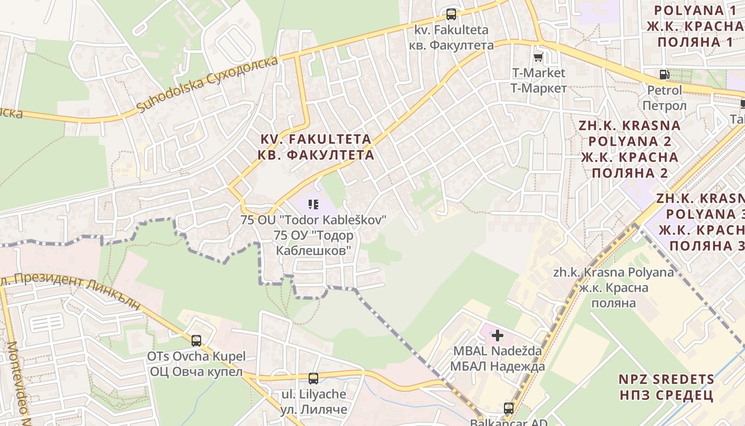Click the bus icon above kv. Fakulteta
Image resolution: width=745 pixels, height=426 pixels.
pyautogui.click(x=451, y=14)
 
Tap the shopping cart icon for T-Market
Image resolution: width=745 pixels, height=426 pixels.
pyautogui.click(x=539, y=56)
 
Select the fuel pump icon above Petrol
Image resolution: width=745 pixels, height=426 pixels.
pyautogui.click(x=664, y=75)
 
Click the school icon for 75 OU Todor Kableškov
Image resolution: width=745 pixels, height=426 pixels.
pyautogui.click(x=313, y=203)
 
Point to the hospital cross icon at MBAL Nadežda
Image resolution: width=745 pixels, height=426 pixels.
pyautogui.click(x=498, y=335)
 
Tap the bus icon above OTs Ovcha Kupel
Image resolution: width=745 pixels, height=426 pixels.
pyautogui.click(x=196, y=340)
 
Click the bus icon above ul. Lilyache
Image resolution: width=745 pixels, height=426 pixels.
pyautogui.click(x=313, y=379)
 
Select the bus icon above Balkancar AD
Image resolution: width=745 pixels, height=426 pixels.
pyautogui.click(x=509, y=408)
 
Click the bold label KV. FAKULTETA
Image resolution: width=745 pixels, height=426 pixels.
pyautogui.click(x=316, y=139)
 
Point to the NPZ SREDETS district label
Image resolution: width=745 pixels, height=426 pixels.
pyautogui.click(x=666, y=379)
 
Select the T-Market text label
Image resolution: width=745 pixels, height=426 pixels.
pyautogui.click(x=539, y=72)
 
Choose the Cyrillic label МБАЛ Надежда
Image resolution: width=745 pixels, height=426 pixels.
pyautogui.click(x=498, y=366)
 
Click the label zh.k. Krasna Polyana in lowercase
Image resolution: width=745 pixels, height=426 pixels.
pyautogui.click(x=613, y=273)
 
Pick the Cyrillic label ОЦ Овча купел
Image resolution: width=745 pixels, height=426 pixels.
pyautogui.click(x=196, y=371)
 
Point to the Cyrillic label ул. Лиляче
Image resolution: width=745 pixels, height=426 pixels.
pyautogui.click(x=313, y=409)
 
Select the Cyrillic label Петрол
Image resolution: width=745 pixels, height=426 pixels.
pyautogui.click(x=664, y=105)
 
